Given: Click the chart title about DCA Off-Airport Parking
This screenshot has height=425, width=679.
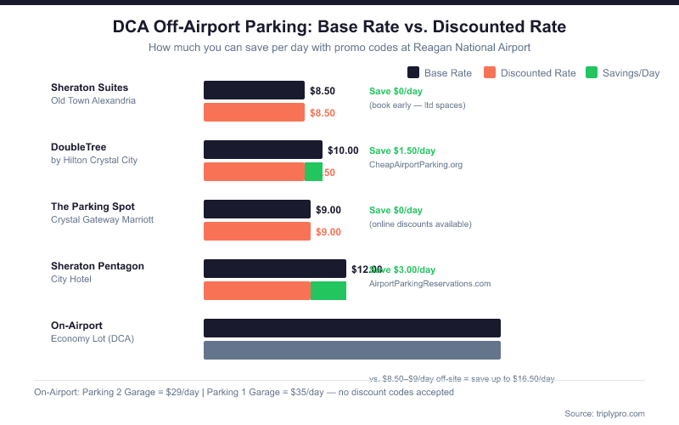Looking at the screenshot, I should coord(339,27).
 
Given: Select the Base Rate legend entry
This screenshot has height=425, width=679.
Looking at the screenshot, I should coord(440,73).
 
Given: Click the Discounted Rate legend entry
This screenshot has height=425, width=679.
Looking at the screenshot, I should coord(530,73).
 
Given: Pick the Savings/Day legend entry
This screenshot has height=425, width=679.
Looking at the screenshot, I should coord(623,73).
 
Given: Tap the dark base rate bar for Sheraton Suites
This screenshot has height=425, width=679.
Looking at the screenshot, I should coord(254,90).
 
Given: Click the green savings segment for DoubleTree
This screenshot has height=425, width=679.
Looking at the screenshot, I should coord(313,172).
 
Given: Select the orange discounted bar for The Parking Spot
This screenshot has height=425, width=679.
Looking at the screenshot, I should coord(257,231).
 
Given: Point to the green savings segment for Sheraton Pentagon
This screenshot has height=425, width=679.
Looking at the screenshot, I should coord(328,291).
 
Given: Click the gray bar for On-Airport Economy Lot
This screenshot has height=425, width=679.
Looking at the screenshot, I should coord(352,350).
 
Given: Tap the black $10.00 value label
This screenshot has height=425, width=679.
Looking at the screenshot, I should coord(343,150).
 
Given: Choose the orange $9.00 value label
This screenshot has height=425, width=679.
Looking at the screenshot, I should coord(328,232).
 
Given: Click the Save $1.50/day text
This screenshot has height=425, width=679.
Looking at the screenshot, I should coord(402,150).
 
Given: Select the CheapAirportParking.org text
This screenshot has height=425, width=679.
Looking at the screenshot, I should coord(416,164).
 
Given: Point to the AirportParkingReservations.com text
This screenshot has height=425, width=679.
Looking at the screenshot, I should coord(430,283).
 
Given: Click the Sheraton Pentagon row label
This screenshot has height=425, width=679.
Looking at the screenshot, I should coord(98,266).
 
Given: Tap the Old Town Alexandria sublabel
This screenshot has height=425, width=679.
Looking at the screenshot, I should coord(93,100).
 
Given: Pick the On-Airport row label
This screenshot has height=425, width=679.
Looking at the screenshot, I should coord(76,326).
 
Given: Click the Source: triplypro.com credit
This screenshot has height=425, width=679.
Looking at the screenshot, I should coord(604,413).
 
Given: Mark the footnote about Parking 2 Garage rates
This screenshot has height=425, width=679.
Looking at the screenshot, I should coord(244,392).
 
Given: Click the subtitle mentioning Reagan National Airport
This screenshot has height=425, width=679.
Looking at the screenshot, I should coord(339,48).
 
